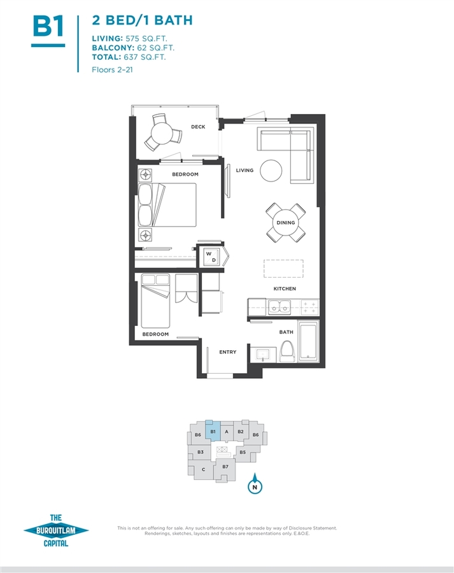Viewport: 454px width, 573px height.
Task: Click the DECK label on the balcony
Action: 198,127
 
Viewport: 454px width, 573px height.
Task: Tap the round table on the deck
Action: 162,133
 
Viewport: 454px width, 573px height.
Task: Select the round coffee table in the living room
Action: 271,171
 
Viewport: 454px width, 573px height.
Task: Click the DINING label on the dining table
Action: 285,223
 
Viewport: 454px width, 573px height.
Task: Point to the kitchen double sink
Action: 280,307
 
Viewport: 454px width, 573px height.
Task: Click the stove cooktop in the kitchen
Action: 309,308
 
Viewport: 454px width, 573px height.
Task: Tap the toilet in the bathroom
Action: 288,351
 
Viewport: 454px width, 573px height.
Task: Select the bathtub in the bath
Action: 309,341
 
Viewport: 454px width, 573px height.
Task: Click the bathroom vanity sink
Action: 263,355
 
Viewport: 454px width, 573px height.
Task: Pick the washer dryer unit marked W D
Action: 211,257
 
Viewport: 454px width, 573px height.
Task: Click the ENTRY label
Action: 228,352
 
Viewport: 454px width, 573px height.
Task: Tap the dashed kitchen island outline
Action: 283,269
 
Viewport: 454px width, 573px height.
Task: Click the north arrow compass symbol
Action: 255,484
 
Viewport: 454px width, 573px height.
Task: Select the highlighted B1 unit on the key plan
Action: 213,432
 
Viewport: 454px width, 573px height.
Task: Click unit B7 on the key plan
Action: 225,469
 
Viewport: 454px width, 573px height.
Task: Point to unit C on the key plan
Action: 203,469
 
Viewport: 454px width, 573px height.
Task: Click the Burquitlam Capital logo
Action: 56,530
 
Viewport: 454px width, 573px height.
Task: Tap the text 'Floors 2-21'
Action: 112,70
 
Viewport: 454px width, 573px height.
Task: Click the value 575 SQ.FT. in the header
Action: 146,38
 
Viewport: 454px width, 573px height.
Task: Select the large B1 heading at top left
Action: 48,26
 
